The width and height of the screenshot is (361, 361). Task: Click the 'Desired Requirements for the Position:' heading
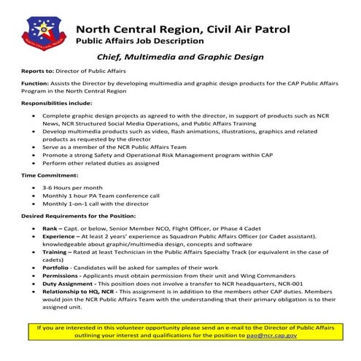(82, 217)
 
